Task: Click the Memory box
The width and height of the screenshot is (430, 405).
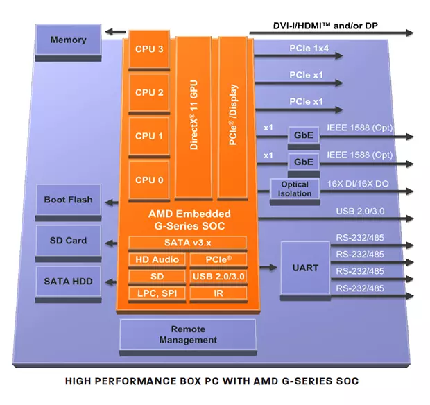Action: (68, 40)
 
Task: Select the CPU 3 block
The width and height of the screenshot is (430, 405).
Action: (149, 49)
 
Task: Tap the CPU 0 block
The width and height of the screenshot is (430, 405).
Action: (149, 180)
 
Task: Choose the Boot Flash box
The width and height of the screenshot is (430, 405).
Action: (68, 200)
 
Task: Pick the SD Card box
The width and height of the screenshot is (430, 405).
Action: (68, 241)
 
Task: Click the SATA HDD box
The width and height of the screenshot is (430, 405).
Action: (68, 282)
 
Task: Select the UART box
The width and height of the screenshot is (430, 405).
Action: (305, 268)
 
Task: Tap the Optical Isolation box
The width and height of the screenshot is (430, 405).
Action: (294, 189)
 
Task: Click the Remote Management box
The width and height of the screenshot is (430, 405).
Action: (188, 335)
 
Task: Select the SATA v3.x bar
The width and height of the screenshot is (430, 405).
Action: (187, 242)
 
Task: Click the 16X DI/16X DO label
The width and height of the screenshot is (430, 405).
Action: (359, 184)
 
